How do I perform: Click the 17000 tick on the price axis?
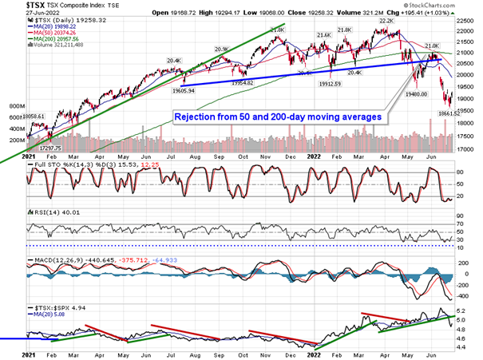[465, 148]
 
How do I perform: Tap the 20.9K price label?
[220, 49]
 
